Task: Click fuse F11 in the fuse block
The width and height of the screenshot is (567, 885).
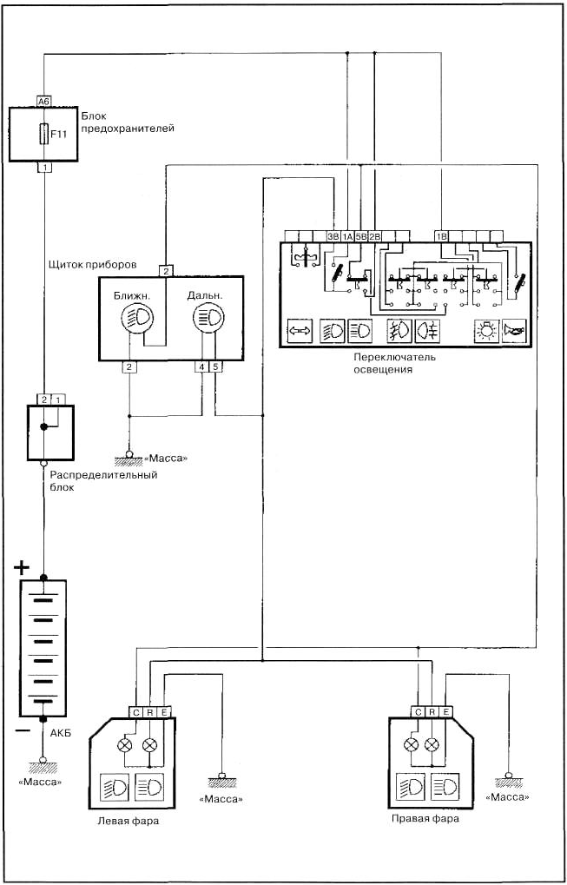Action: [x=43, y=135]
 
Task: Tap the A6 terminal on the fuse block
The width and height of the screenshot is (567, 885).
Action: [x=44, y=101]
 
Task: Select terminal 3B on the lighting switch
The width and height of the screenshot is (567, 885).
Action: [x=333, y=237]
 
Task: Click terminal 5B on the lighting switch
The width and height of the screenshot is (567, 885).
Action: [x=361, y=237]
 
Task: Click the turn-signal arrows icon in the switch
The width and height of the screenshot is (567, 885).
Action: [x=299, y=331]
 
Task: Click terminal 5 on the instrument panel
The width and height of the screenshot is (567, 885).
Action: [x=215, y=367]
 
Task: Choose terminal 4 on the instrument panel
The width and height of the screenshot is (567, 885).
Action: [x=202, y=367]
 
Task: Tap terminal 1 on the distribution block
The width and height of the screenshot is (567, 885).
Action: [x=59, y=400]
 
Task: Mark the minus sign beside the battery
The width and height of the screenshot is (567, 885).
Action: [x=21, y=729]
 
